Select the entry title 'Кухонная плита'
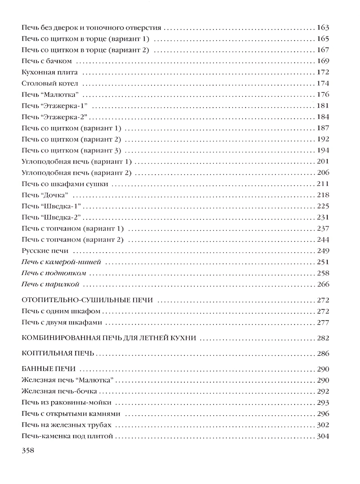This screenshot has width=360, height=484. point(50,72)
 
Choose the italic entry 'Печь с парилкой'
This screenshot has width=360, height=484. point(50,284)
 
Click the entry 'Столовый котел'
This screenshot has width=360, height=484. point(49,83)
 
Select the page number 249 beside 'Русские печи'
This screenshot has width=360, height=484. point(323,250)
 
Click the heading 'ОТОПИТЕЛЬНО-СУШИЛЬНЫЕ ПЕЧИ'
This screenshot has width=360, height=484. point(85,300)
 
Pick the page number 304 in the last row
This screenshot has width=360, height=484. point(323,436)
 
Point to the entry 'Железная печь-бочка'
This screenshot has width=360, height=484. point(58,391)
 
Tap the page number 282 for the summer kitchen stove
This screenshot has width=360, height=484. point(323,338)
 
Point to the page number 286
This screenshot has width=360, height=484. point(323,353)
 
